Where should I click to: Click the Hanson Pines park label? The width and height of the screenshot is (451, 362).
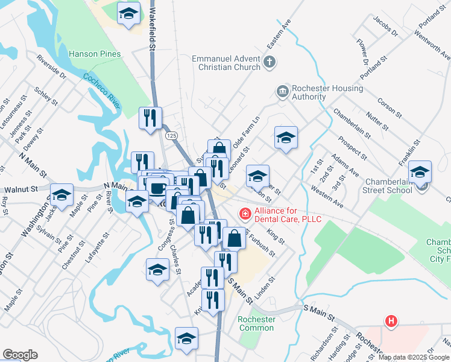click(95, 54)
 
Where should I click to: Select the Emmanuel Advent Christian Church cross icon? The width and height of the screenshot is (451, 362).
click(270, 61)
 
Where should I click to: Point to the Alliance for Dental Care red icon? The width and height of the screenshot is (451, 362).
click(245, 213)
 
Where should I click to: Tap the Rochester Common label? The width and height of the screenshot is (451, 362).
click(257, 323)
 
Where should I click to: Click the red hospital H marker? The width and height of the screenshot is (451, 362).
click(391, 322)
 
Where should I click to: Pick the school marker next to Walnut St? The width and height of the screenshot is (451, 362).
click(61, 195)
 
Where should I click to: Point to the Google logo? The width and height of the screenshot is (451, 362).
click(20, 355)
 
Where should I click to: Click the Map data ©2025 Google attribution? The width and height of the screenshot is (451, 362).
click(414, 357)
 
